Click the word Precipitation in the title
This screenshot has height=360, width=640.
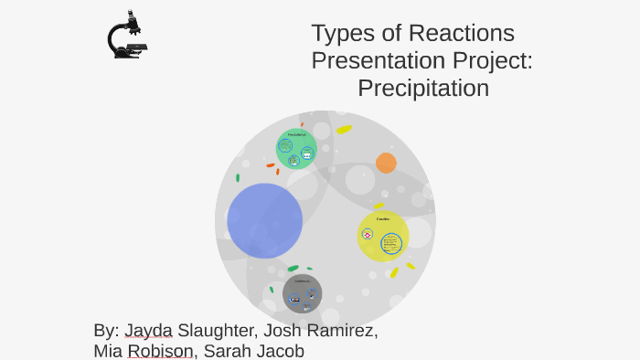click(x=423, y=89)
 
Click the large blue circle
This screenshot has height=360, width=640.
click(x=264, y=220)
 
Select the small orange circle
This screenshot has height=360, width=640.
click(x=386, y=163)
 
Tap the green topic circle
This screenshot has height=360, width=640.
click(x=296, y=149)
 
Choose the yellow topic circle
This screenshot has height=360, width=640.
click(x=382, y=236)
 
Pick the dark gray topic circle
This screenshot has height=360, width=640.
click(x=302, y=293)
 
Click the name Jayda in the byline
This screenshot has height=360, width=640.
click(x=148, y=331)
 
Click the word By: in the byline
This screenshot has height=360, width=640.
click(x=106, y=331)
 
